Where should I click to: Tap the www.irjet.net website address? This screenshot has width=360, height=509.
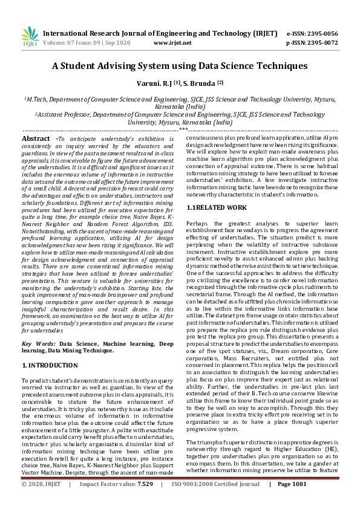coord(173,43)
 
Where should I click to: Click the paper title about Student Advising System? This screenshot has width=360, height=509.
coord(180,66)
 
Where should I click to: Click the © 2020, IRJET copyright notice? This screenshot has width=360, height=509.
coord(41,501)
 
